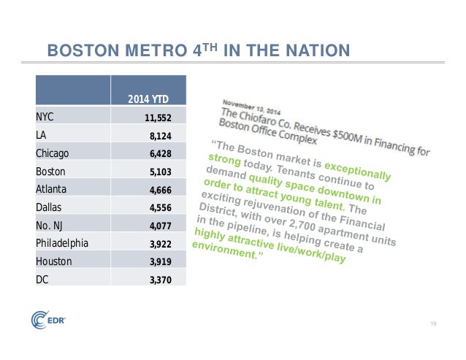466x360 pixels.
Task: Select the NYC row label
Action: tap(45, 116)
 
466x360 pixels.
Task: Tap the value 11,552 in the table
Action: tap(157, 117)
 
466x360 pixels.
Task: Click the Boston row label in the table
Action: tap(50, 172)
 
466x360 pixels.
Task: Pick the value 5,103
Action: tap(160, 172)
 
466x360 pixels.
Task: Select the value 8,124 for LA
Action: tap(160, 135)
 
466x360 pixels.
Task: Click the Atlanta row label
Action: tap(51, 190)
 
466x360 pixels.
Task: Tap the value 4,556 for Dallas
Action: tap(160, 208)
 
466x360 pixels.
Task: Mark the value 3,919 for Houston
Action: tap(160, 261)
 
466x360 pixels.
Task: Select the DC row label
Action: tap(42, 279)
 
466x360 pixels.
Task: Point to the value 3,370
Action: tap(160, 280)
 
